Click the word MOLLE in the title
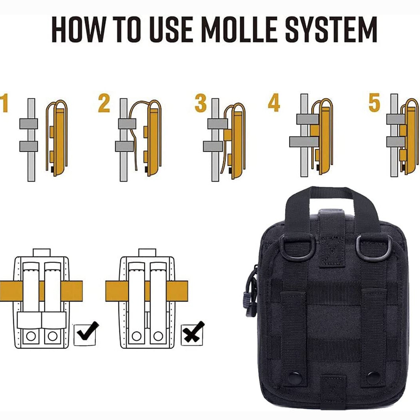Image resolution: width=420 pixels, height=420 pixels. pos(239,29)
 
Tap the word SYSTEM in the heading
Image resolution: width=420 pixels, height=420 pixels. pos(331,29)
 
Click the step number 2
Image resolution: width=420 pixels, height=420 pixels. pos(104,103)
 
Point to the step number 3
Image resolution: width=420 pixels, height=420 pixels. pos(200,103)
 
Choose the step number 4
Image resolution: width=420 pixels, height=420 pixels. pos(274,103)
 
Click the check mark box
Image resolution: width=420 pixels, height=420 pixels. pos(85,335)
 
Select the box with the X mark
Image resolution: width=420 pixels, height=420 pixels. pos(192,334)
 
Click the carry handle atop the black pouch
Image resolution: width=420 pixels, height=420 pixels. pos(332,194)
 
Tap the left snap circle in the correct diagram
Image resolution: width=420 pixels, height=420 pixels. pos(31,336)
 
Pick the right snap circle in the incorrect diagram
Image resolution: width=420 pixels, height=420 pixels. pos(158,336)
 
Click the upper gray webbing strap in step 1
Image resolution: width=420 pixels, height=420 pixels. pos(29,123)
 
